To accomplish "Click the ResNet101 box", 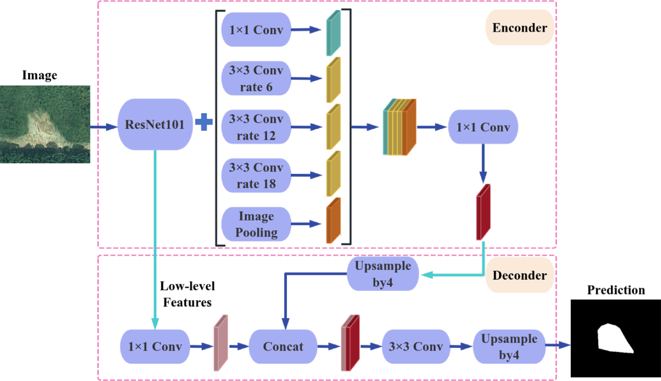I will tap(155, 125).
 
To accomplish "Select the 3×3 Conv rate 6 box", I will tap(256, 78).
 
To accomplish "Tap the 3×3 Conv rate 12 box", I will tap(256, 127).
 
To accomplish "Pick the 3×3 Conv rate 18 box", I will tap(256, 176).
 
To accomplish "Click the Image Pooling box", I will tap(256, 224).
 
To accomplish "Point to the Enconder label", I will tap(519, 27).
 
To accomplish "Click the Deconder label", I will tap(519, 275).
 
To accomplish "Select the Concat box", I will tap(283, 347).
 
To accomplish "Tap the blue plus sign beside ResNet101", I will tap(204, 122).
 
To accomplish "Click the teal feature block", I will tap(333, 33).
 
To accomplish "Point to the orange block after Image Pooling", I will tap(333, 221).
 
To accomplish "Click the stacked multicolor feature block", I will tap(399, 127).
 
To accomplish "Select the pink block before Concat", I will tap(221, 343).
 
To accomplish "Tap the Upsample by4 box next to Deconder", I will tap(382, 274).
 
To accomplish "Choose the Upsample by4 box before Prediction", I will tap(509, 347).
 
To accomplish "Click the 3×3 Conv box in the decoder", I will tap(415, 347).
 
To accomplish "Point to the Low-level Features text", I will tap(187, 294).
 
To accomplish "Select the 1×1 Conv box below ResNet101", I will tap(155, 347).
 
